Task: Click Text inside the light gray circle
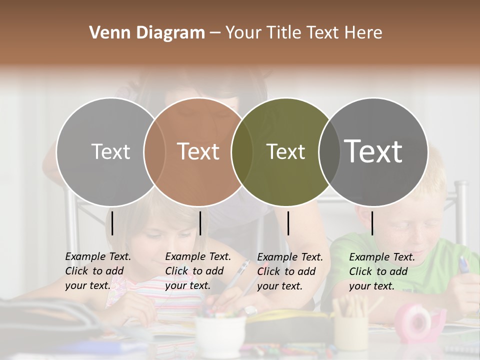[110, 151]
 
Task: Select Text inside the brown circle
[198, 151]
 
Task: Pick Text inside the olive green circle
[285, 151]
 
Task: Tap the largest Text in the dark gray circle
[373, 151]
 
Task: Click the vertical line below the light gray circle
[112, 223]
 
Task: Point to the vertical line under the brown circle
[200, 223]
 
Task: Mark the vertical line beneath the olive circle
[288, 223]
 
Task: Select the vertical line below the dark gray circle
[372, 223]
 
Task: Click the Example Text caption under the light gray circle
[98, 271]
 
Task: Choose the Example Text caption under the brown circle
[198, 271]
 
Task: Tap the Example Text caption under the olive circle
[290, 271]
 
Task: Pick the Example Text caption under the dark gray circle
[382, 271]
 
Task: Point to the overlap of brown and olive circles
[241, 152]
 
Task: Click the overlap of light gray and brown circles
[154, 152]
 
